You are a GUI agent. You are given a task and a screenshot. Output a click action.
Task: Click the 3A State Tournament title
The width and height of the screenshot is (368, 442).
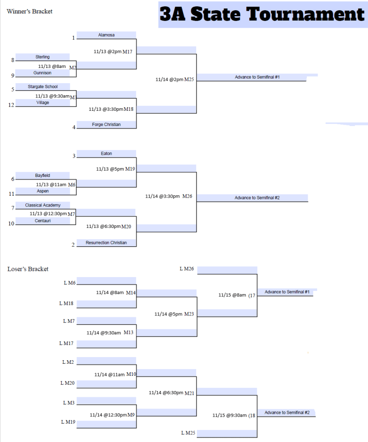point(262,14)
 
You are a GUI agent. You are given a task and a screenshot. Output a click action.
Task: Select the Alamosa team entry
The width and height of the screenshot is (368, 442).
point(106,35)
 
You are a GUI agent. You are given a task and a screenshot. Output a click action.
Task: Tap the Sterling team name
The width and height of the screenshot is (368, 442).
point(42,57)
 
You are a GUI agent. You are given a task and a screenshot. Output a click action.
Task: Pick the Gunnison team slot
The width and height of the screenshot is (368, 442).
point(42,73)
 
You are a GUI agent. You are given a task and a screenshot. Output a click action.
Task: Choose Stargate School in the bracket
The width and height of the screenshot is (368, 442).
point(42,87)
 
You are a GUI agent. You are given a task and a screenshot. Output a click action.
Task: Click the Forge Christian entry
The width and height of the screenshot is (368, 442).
point(106,124)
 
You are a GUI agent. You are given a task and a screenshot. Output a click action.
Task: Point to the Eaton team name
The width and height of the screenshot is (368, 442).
point(106,153)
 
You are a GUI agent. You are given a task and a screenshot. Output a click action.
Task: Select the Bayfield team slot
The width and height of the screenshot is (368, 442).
point(42,175)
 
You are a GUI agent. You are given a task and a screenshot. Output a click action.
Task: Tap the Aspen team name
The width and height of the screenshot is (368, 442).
point(42,191)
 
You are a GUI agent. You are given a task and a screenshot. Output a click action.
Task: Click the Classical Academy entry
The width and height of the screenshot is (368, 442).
point(42,205)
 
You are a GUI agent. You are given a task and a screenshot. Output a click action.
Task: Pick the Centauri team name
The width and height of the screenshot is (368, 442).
point(42,220)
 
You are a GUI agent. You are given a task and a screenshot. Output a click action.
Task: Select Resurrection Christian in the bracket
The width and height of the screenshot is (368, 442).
point(106,243)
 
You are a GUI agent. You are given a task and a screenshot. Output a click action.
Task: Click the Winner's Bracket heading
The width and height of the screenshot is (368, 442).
point(29,11)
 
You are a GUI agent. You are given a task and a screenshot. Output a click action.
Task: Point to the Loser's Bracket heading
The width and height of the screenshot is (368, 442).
point(28,269)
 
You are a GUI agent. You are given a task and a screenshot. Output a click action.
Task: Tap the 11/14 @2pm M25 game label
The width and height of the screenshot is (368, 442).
point(175,80)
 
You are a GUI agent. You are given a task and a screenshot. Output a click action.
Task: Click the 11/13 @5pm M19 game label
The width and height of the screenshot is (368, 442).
point(115,169)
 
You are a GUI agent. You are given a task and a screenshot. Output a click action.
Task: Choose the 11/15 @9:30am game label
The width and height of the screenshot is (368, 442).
point(233,416)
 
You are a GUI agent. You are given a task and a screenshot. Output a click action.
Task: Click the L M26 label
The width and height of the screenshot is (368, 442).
point(187,269)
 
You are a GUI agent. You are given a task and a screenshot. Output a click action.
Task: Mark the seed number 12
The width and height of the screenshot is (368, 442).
point(11,105)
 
